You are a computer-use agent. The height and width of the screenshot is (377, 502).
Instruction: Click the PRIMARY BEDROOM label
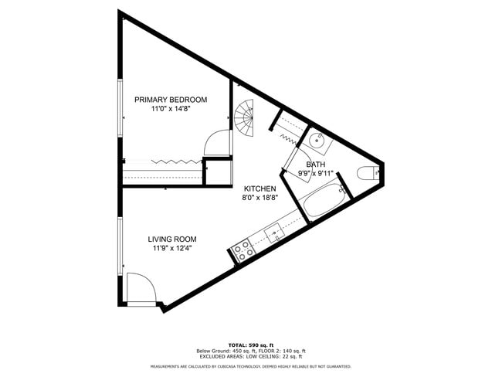pyautogui.click(x=171, y=100)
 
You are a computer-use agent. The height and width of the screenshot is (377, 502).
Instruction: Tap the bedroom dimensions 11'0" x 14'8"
pyautogui.click(x=171, y=110)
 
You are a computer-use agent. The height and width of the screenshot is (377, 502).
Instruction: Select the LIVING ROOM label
pyautogui.click(x=172, y=239)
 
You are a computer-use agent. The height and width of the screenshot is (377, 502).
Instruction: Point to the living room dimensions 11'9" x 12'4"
pyautogui.click(x=172, y=249)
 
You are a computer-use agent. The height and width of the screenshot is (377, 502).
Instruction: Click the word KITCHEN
pyautogui.click(x=260, y=189)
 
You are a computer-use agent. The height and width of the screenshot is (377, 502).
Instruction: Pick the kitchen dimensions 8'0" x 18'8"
pyautogui.click(x=260, y=199)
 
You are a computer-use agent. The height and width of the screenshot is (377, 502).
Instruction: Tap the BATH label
pyautogui.click(x=315, y=165)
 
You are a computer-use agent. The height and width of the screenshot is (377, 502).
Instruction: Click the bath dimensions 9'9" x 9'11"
pyautogui.click(x=315, y=174)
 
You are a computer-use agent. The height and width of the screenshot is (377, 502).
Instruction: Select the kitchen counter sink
pyautogui.click(x=275, y=231)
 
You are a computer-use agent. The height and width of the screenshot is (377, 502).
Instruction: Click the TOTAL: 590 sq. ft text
pyautogui.click(x=250, y=345)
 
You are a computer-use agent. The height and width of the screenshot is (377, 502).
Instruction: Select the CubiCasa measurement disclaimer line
pyautogui.click(x=250, y=366)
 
